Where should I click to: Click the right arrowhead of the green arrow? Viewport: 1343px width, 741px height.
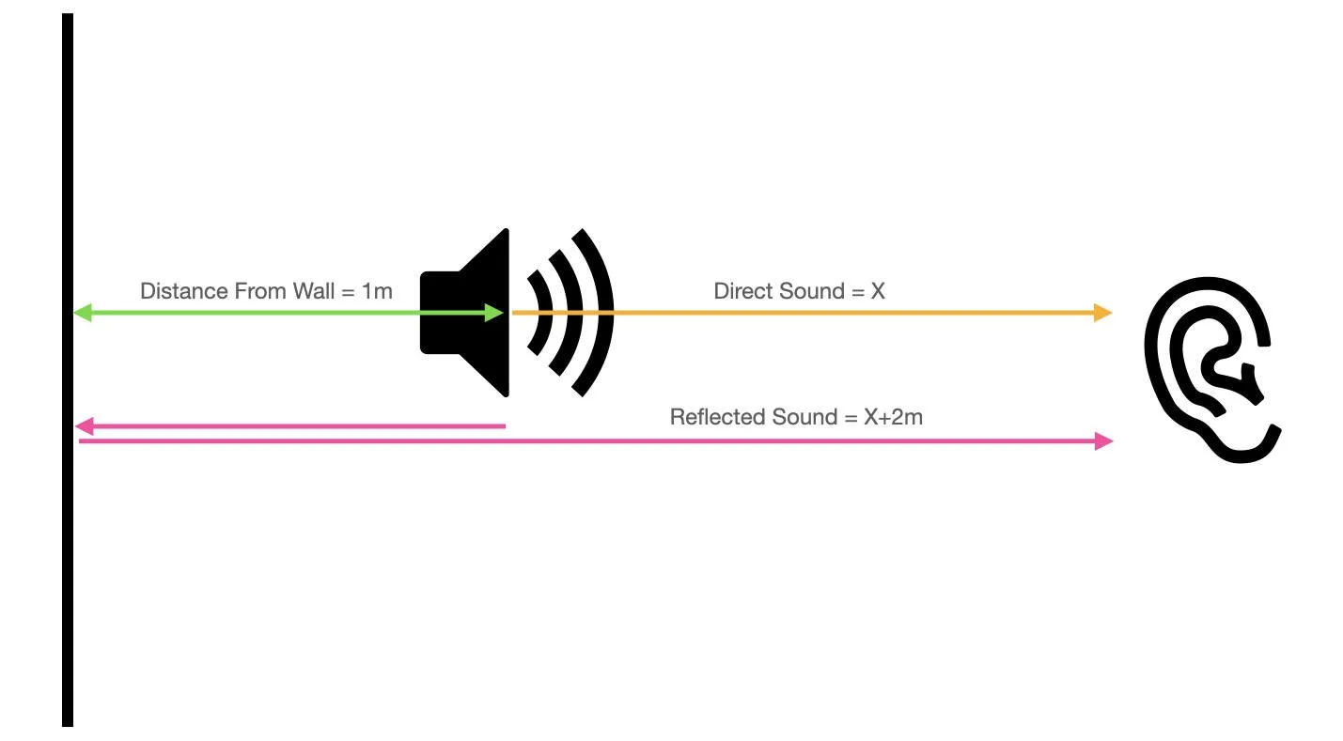494,313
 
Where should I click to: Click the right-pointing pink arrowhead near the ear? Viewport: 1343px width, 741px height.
1103,440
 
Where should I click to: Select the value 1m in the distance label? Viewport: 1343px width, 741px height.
376,291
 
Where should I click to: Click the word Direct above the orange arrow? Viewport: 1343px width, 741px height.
740,291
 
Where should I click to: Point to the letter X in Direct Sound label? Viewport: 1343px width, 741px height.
878,291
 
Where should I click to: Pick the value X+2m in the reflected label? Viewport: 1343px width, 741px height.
893,417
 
